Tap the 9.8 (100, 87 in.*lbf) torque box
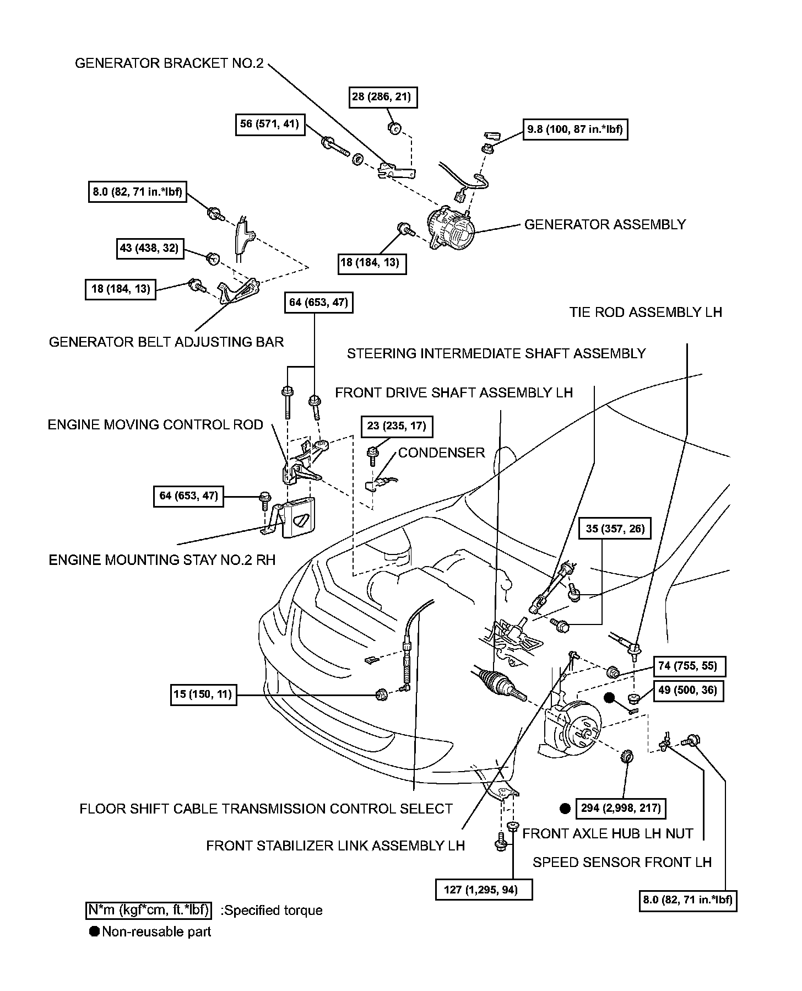tap(575, 130)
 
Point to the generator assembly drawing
tap(451, 230)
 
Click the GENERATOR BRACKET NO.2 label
tap(169, 63)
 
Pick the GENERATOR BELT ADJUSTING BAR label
tap(166, 342)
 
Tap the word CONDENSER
tap(441, 453)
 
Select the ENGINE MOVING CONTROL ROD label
tap(155, 425)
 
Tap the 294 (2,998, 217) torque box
tap(620, 809)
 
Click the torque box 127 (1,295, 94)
tap(484, 890)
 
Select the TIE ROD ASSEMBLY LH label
tap(646, 313)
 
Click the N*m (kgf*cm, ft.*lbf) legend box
tap(149, 910)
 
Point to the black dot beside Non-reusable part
tap(94, 931)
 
